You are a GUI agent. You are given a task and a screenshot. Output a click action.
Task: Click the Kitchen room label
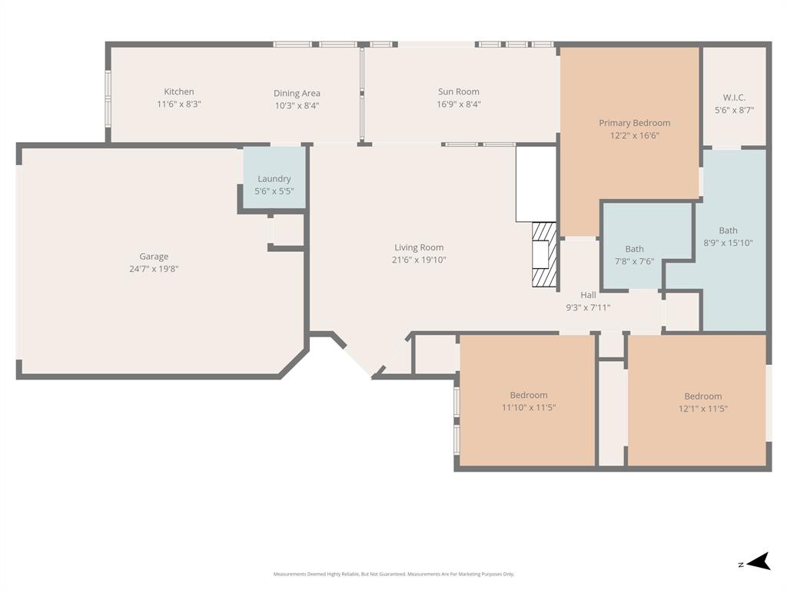[x=179, y=91]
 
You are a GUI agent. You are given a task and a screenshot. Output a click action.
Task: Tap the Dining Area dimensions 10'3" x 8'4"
[x=297, y=106]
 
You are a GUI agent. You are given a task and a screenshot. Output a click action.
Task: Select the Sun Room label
[x=458, y=91]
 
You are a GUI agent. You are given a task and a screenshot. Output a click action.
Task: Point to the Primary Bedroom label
[x=634, y=123]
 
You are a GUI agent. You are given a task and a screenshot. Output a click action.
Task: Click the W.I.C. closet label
[x=734, y=98]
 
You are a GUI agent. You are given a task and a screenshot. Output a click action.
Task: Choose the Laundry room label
[x=274, y=179]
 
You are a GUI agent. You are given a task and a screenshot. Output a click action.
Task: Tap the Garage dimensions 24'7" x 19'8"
[x=154, y=269]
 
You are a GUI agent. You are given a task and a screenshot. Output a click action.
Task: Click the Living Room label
[x=419, y=247]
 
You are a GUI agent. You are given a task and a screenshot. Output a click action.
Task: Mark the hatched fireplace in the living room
[x=544, y=254]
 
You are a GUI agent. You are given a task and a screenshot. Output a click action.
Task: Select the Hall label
[x=588, y=295]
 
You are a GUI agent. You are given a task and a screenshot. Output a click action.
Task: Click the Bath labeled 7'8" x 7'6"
[x=634, y=249]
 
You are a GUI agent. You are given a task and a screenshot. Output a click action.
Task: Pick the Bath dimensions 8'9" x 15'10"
[x=728, y=243]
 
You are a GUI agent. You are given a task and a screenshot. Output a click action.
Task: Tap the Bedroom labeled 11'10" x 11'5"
[x=529, y=395]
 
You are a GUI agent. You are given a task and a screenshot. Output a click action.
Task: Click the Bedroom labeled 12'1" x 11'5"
[x=702, y=396]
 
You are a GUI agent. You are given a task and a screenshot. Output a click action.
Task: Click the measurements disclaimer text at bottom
[x=393, y=574]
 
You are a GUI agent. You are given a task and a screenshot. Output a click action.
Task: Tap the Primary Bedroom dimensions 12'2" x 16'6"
[x=634, y=135]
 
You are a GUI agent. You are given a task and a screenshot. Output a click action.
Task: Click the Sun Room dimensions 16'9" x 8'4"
[x=458, y=104]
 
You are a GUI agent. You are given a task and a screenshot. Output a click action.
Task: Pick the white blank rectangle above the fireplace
[x=536, y=184]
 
